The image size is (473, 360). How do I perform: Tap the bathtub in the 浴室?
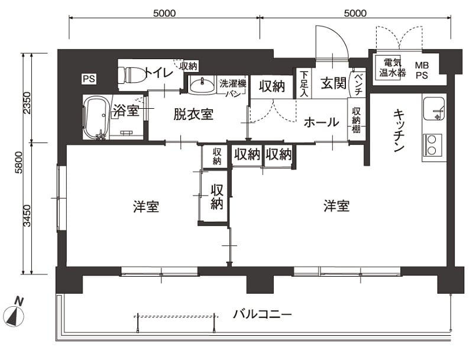[96, 118]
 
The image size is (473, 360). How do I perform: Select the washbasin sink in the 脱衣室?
[202, 85]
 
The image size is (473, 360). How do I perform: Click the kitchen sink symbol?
[434, 109]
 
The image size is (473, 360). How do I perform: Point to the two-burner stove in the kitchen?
[432, 145]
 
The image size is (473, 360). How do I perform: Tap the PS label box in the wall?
[89, 79]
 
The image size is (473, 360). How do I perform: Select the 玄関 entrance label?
[333, 83]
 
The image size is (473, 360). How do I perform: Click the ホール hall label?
[322, 122]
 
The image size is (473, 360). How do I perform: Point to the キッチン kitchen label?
[399, 131]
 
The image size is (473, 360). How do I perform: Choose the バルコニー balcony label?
[263, 314]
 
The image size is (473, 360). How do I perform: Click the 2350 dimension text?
[27, 103]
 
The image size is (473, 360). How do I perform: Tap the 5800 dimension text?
[18, 163]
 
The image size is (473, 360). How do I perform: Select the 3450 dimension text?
[27, 216]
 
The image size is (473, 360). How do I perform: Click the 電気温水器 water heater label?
[393, 68]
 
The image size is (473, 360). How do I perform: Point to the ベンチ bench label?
[358, 82]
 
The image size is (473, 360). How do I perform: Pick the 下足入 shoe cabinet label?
[304, 84]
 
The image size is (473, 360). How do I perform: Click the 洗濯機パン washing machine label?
[233, 87]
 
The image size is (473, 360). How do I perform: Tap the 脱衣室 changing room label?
[193, 114]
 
